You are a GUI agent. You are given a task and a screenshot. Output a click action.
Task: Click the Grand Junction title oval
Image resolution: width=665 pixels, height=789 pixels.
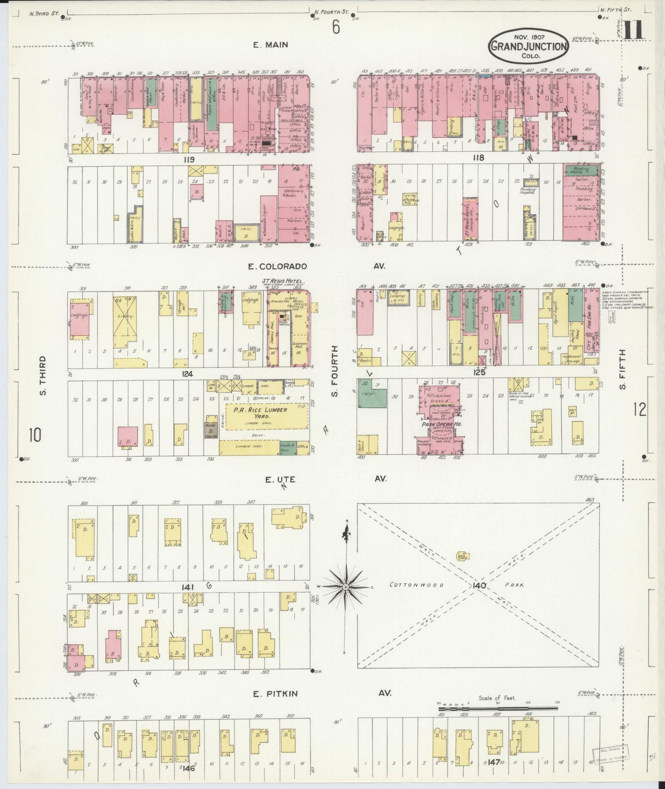tap(528, 46)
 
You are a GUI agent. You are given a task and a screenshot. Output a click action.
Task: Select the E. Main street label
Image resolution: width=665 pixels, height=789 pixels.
tap(270, 45)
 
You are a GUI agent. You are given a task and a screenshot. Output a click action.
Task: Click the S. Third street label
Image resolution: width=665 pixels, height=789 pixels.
tap(42, 375)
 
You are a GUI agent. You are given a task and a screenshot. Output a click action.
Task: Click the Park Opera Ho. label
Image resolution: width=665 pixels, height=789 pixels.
tap(440, 424)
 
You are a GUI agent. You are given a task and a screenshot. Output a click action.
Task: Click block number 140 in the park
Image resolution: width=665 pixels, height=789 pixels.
tap(478, 586)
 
